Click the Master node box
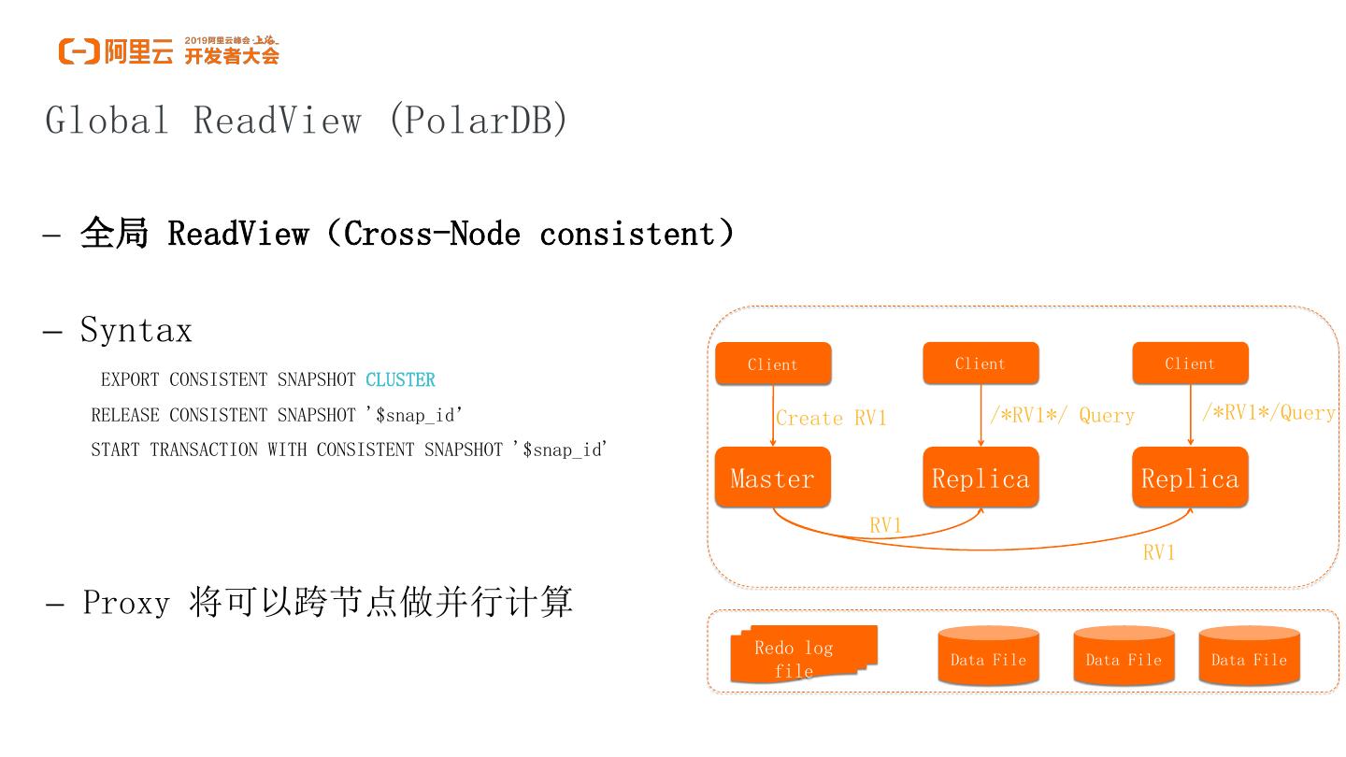[x=772, y=478]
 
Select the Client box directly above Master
[x=772, y=364]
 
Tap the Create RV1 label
[x=831, y=418]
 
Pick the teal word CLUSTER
[x=400, y=380]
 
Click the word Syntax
[x=136, y=330]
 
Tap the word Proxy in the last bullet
[x=126, y=603]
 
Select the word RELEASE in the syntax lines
[x=125, y=415]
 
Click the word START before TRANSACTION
[x=116, y=450]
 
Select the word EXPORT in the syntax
[x=130, y=380]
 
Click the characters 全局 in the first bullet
[x=114, y=234]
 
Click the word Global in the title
[x=107, y=121]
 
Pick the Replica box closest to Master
[x=980, y=478]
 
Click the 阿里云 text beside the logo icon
[x=138, y=52]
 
